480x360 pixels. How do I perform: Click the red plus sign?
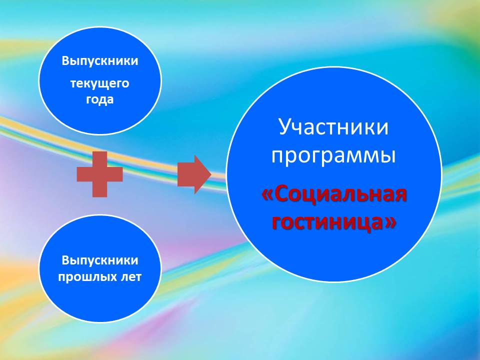(x=100, y=174)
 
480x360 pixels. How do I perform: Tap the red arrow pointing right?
(x=194, y=174)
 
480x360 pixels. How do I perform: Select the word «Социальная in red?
(x=334, y=195)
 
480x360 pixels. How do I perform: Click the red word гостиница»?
(x=334, y=222)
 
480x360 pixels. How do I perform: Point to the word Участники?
(x=333, y=126)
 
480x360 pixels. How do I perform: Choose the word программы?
(x=333, y=155)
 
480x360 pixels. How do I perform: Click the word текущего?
(x=100, y=83)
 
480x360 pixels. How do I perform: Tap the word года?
(x=100, y=99)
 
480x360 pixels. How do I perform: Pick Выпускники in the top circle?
(x=100, y=61)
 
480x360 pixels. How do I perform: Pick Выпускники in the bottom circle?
(x=100, y=260)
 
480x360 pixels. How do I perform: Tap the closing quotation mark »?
(x=391, y=222)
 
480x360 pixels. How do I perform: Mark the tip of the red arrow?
(x=211, y=174)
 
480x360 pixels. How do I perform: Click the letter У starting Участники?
(x=285, y=127)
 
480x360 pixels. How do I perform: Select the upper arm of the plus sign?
(x=100, y=159)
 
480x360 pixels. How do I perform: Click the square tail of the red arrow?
(x=186, y=174)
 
